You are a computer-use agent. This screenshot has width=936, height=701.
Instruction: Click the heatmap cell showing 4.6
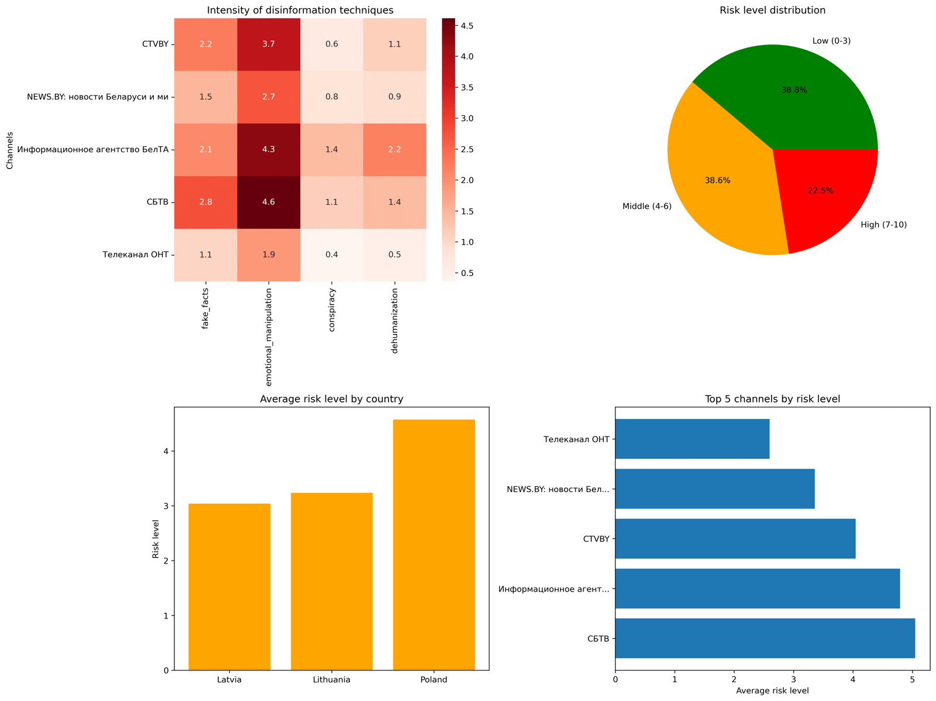(x=269, y=202)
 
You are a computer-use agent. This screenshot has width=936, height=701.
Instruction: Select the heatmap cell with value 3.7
(x=269, y=44)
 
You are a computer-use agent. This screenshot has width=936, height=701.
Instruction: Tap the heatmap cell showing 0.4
(x=332, y=255)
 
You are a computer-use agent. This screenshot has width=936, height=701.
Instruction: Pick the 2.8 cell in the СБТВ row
(x=205, y=202)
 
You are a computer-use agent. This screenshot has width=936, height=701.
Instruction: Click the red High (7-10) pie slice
(x=828, y=193)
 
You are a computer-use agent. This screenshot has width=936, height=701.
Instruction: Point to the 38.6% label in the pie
(x=717, y=181)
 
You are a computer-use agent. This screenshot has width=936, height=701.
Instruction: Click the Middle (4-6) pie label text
(x=647, y=206)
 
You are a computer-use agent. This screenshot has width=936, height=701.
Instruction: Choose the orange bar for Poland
(x=433, y=544)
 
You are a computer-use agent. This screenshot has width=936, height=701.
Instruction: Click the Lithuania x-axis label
(x=332, y=680)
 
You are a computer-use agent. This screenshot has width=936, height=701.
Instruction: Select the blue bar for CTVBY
(x=735, y=538)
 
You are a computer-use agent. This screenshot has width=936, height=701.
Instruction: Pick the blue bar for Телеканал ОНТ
(x=692, y=439)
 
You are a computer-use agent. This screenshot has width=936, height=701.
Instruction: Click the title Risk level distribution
(x=772, y=10)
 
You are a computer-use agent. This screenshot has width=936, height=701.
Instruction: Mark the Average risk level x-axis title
(x=772, y=691)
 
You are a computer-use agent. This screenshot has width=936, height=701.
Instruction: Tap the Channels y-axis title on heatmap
(x=9, y=149)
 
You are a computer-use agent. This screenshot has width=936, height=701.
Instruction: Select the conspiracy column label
(x=332, y=310)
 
